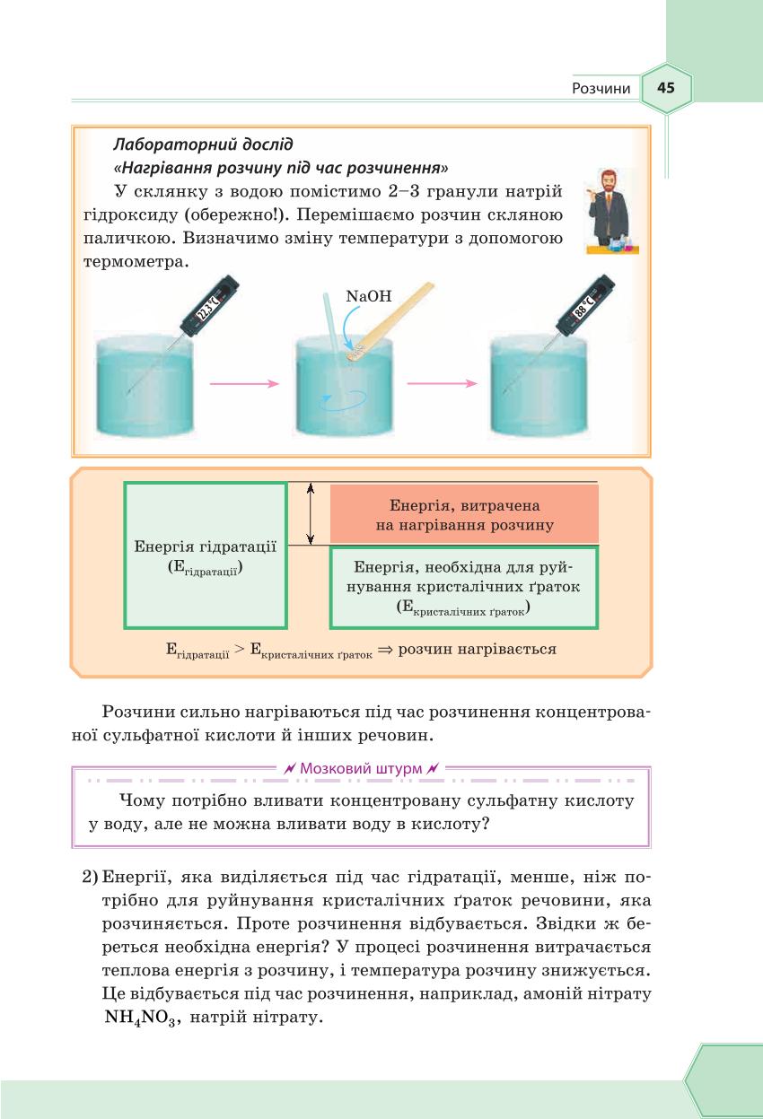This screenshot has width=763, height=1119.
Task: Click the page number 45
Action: pos(665,88)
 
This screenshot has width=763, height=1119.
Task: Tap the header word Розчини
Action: pos(601,89)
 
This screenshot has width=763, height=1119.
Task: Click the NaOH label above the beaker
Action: pos(369,296)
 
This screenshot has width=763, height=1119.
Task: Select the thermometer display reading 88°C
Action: pos(583,305)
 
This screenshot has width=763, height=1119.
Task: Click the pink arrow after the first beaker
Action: pos(244,384)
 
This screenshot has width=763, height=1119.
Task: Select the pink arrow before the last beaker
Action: pos(442,384)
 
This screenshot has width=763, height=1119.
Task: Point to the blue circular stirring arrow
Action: pos(345,398)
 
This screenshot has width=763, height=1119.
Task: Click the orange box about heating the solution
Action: pos(464,514)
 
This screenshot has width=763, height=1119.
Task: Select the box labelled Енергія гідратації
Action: pos(206,555)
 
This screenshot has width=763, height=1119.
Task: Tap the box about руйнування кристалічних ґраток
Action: pos(464,588)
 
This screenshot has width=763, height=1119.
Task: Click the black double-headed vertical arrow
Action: pos(311,513)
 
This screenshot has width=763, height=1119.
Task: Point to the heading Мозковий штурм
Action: pos(361,768)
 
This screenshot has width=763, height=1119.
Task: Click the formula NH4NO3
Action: pos(140,1018)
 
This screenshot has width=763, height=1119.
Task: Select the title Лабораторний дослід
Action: pos(203,144)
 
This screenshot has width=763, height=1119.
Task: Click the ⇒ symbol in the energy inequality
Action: pos(385,650)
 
